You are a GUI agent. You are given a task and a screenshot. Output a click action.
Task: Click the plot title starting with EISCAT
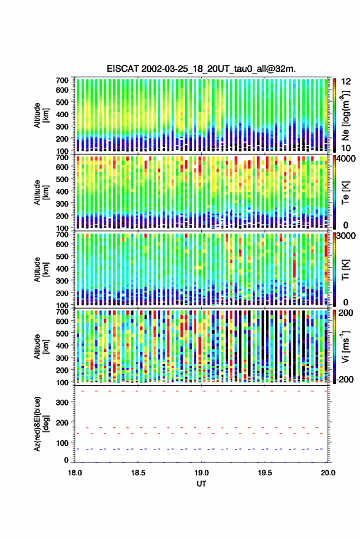click(x=201, y=69)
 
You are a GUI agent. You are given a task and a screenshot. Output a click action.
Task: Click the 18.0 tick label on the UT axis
click(x=75, y=473)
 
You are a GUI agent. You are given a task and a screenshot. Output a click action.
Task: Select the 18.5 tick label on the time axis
click(x=138, y=473)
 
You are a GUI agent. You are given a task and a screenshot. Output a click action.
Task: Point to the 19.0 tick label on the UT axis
click(x=202, y=473)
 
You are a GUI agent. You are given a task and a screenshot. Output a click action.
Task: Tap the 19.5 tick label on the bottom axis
click(x=265, y=473)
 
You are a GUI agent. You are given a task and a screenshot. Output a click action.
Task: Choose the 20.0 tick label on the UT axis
click(x=328, y=473)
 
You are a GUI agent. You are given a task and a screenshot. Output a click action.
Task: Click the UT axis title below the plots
click(x=202, y=484)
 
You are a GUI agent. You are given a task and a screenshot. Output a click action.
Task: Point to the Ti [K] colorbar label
click(x=345, y=270)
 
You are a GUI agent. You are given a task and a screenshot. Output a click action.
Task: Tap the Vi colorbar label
click(x=345, y=347)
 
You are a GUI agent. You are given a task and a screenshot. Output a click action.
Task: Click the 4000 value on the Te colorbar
click(x=346, y=159)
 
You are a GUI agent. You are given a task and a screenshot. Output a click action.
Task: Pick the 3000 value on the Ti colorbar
click(x=346, y=236)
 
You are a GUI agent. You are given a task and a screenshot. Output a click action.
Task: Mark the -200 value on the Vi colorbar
click(x=345, y=380)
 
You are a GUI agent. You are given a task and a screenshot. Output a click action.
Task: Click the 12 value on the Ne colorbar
click(x=346, y=82)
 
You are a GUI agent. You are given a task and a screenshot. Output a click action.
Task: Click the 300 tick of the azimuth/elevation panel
click(x=62, y=402)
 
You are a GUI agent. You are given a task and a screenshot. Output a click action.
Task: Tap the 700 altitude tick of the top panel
click(x=62, y=80)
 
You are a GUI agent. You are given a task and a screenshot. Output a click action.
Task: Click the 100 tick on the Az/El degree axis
click(x=62, y=443)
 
